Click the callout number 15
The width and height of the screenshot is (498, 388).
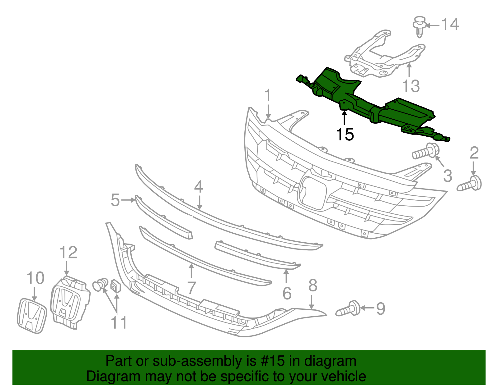point(345,135)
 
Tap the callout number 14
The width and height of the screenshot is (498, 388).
point(450,24)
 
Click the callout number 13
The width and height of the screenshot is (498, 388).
point(411,86)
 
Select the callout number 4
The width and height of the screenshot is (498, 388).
point(199,187)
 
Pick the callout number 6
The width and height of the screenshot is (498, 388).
point(287,293)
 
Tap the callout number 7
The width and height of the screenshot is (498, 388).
point(191,288)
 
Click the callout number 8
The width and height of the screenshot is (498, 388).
point(312,285)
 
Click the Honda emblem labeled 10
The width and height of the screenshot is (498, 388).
point(31,316)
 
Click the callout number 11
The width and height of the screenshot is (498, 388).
point(119,323)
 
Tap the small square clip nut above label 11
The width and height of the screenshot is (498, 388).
point(116,286)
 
